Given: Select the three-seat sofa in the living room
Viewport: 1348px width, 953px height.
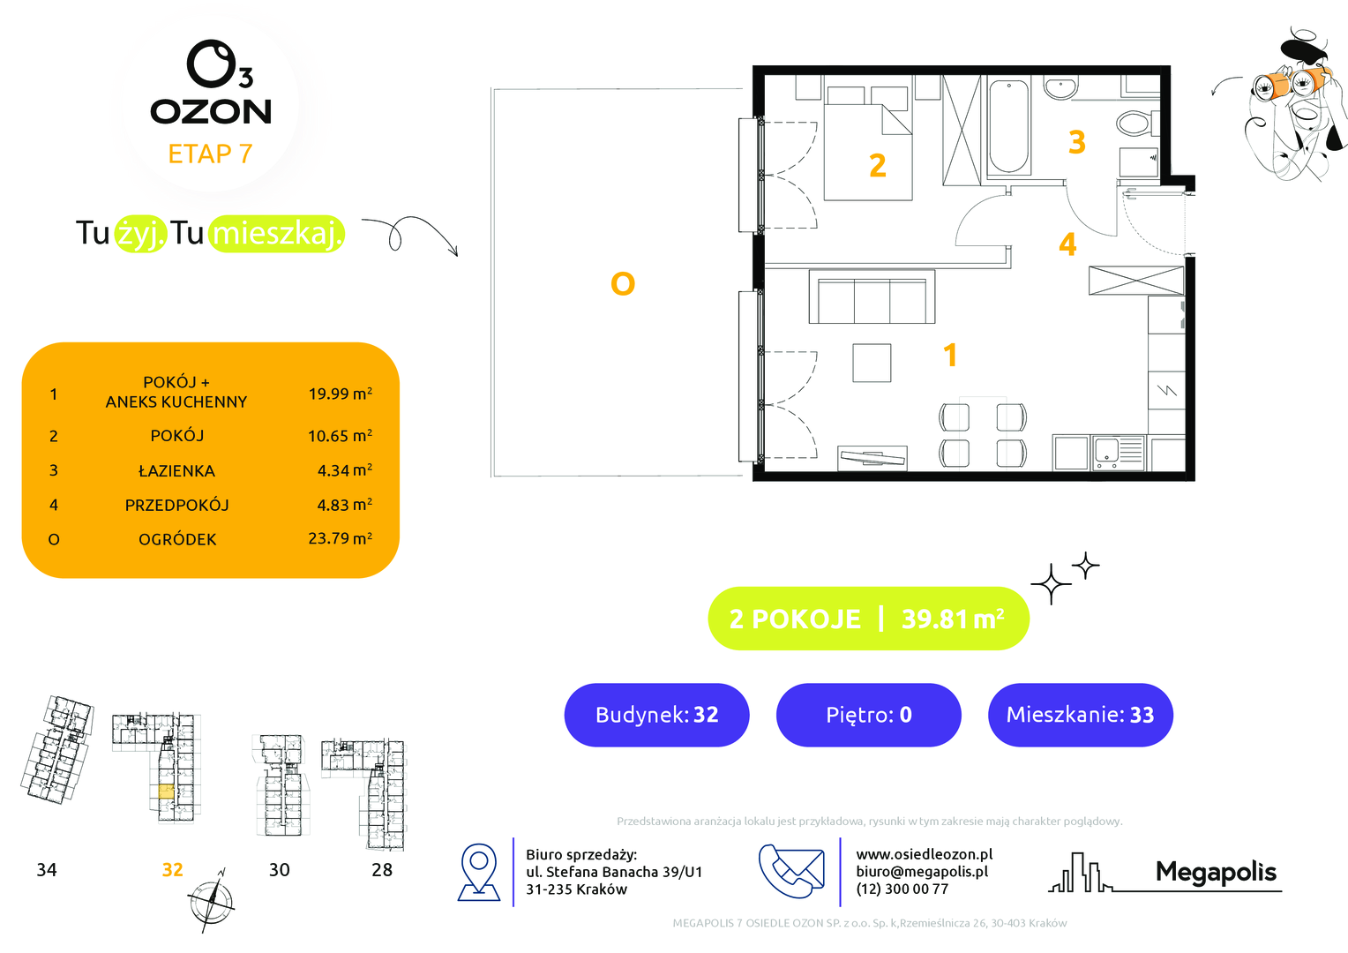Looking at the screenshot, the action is pos(872,296).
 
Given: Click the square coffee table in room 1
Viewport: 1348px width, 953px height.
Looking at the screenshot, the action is pos(872,363).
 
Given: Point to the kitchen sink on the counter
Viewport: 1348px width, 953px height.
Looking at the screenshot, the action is pos(1119,452).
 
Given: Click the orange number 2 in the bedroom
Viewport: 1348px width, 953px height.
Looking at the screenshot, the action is pos(878,165).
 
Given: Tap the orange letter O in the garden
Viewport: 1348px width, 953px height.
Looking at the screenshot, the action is pos(623,283).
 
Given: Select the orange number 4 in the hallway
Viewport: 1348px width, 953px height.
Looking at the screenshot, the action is pos(1067,244).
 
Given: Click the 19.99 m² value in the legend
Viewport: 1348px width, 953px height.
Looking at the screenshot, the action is pos(340,394).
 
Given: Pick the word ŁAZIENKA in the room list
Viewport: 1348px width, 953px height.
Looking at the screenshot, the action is pos(177,471).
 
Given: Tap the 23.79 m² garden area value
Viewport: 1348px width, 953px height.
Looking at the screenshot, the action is pos(340,538).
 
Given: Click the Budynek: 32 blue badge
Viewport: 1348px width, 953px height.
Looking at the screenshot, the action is pos(656,715).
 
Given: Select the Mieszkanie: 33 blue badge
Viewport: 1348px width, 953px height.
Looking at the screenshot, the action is pos(1080,715).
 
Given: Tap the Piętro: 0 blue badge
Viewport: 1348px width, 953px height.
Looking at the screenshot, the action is pos(868,715).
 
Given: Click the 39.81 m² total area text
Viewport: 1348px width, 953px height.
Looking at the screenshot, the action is pos(953,619).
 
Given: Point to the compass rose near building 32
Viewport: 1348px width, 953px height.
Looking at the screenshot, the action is pos(211,901).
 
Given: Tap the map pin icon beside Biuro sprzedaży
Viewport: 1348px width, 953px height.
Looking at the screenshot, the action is pos(479,872).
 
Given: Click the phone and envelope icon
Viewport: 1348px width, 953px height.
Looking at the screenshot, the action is pos(791,871).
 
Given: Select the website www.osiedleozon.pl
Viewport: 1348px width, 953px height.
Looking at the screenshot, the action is pos(925,854).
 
